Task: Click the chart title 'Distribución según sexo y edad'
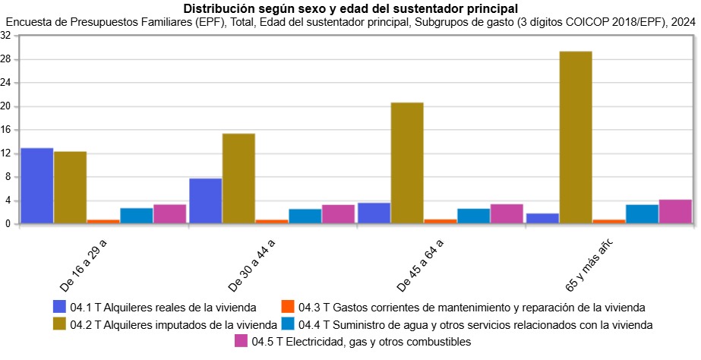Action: click(x=350, y=8)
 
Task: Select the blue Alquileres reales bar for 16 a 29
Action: click(x=37, y=186)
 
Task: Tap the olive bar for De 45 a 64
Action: click(x=407, y=163)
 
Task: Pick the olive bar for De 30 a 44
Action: click(x=238, y=179)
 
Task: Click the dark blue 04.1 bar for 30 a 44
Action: click(x=205, y=201)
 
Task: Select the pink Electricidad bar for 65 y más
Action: click(x=675, y=212)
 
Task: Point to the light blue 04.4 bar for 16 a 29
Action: click(x=137, y=216)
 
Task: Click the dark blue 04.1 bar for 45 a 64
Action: click(x=374, y=213)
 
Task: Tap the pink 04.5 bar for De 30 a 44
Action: click(x=338, y=214)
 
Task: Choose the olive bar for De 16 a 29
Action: click(x=70, y=188)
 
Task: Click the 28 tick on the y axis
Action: click(x=10, y=59)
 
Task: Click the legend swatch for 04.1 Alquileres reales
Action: click(x=60, y=308)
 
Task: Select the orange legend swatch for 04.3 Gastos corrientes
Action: click(x=288, y=308)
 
